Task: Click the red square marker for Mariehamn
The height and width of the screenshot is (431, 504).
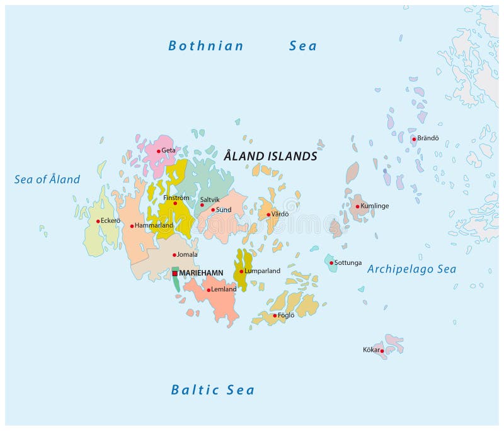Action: coord(175,274)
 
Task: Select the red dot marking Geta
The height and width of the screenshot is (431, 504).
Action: coord(159,151)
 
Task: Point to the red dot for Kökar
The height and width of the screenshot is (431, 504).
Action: coord(382,351)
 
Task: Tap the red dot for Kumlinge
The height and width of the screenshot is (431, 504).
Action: coord(357,206)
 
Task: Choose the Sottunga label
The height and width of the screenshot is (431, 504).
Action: coord(348,263)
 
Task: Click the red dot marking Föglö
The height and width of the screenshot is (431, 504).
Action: coord(275,315)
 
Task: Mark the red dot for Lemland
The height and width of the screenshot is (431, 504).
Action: coord(209,290)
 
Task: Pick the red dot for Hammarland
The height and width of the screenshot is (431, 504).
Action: coord(132,226)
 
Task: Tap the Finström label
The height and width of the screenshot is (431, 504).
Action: coord(176,198)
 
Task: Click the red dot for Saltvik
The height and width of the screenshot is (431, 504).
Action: coord(202,204)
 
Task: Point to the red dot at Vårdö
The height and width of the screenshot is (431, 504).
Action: coord(268,215)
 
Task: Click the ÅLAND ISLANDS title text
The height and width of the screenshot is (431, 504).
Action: coord(270,156)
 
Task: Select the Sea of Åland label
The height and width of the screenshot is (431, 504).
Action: coord(47,179)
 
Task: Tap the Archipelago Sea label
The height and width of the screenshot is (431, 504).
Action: coord(411,269)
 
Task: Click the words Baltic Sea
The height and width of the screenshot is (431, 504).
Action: coord(213,390)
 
